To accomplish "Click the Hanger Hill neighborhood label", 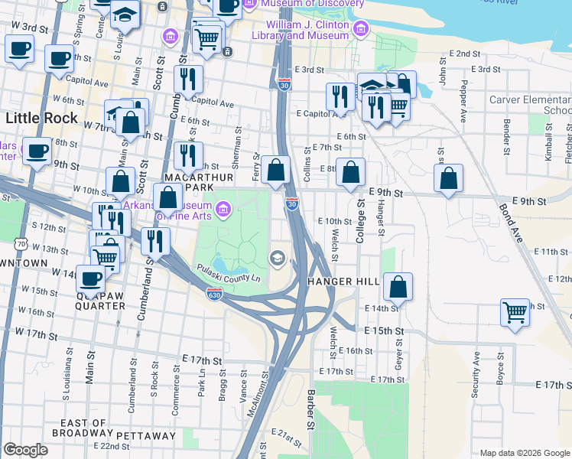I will [343, 282].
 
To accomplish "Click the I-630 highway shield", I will [214, 294].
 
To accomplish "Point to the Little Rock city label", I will [41, 118].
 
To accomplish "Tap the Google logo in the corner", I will [25, 450].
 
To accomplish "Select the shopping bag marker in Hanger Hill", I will [398, 287].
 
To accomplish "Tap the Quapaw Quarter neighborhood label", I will [100, 299].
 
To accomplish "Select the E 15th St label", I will [383, 330].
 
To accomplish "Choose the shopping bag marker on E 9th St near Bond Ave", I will [449, 178].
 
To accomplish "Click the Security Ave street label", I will [476, 373].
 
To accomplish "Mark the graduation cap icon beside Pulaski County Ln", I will [277, 258].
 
